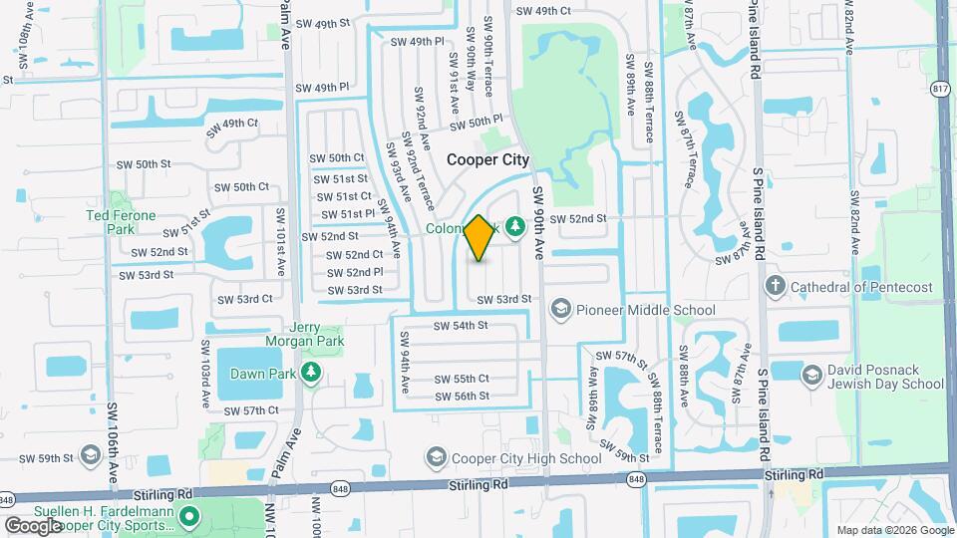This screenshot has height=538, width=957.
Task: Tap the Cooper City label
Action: pos(487,159)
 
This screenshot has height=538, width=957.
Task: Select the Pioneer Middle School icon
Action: pos(559,310)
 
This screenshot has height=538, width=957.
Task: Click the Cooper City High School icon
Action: pos(435,458)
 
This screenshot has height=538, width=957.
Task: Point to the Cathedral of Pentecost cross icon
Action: pos(776,287)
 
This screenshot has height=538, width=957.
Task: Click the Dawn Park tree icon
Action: pos(312,373)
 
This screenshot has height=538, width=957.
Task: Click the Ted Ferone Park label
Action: pos(122,222)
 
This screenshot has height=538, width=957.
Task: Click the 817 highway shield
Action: pos(939,90)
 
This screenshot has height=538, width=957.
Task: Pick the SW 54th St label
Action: pos(461,325)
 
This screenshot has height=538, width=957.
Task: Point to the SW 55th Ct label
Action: pos(462,379)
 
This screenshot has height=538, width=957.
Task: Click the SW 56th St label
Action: pos(462,396)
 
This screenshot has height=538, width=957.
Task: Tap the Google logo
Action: pos(33,525)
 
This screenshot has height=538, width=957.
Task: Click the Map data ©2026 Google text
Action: pos(894,530)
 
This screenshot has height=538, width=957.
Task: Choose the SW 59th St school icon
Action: pos(91,457)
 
